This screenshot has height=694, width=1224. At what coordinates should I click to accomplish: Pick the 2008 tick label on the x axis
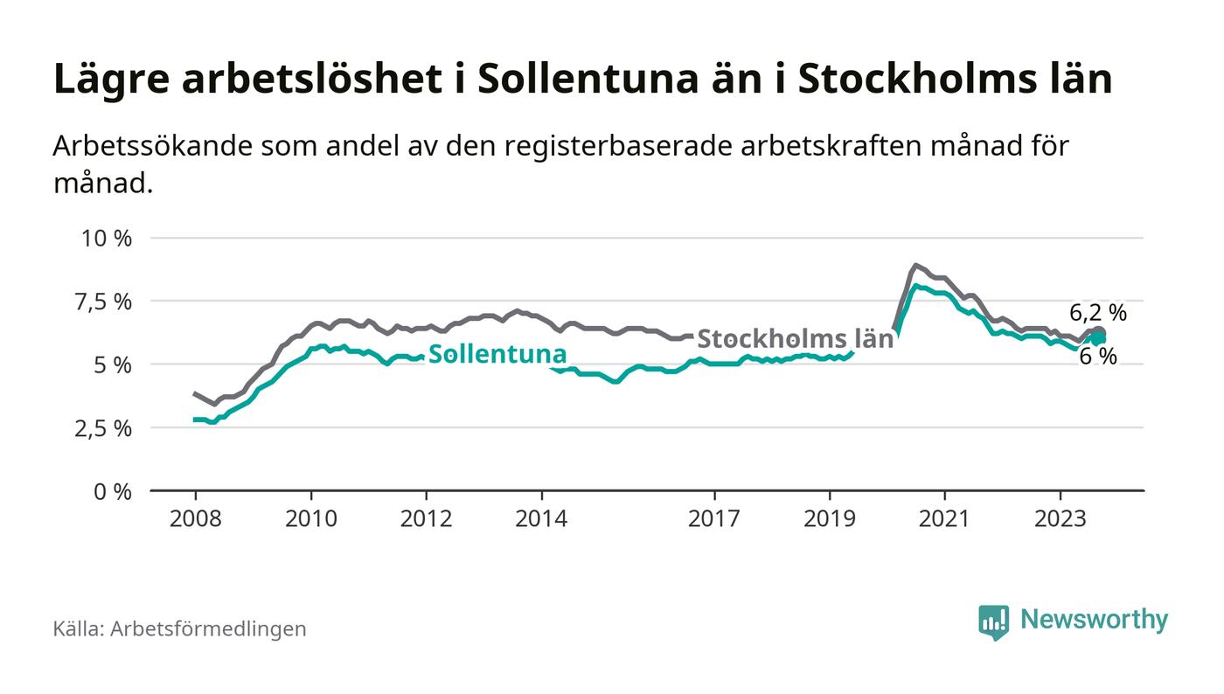(195, 518)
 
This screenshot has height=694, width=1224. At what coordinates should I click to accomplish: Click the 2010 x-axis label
(310, 518)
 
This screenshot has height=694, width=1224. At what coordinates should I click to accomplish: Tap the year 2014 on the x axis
(541, 518)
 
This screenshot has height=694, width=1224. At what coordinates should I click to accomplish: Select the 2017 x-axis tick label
(714, 518)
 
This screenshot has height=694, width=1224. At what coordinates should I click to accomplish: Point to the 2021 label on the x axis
(945, 518)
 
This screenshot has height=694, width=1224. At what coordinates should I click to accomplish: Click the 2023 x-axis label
(1061, 518)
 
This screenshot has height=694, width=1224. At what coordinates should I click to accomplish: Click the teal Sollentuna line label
(497, 354)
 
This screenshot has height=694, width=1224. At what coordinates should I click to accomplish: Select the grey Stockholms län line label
(796, 339)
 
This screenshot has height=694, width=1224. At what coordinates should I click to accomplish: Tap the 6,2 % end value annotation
(1098, 312)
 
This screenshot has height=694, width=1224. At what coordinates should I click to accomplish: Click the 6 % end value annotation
(1098, 357)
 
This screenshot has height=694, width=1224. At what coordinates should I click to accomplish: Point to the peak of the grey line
(915, 265)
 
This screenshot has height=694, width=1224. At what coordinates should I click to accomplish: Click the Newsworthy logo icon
(993, 621)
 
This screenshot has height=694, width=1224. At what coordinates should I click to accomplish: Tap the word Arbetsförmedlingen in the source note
(208, 628)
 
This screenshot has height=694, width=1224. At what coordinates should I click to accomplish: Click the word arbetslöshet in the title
(311, 80)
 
